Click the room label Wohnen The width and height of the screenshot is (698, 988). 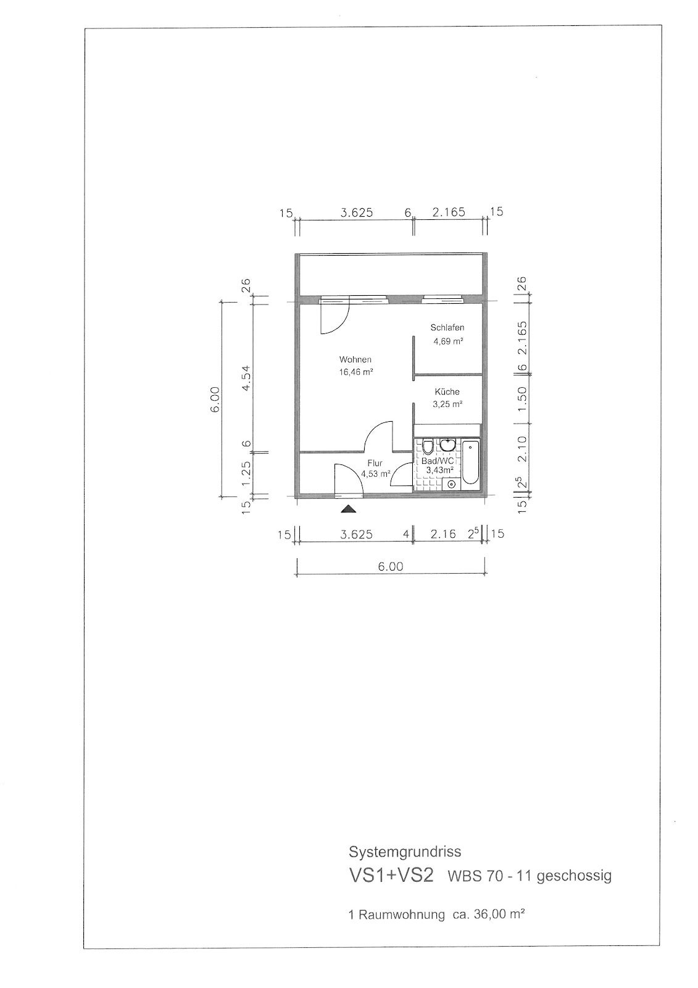tap(355, 359)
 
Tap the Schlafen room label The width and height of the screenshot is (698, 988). tap(447, 328)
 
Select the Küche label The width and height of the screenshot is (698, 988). tap(447, 391)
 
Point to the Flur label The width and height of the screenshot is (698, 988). tap(375, 464)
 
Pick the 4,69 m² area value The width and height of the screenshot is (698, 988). tap(448, 341)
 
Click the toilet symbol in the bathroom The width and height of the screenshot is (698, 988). tap(427, 447)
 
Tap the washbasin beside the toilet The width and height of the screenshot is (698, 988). tap(447, 445)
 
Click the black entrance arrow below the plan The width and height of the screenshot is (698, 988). tap(348, 510)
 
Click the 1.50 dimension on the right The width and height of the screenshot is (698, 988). tap(522, 399)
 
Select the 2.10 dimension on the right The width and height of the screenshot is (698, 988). tap(522, 449)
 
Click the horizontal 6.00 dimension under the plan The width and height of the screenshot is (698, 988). tap(391, 566)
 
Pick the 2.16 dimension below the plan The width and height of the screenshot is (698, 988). tap(443, 535)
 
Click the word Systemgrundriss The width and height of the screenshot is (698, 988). tap(405, 852)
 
